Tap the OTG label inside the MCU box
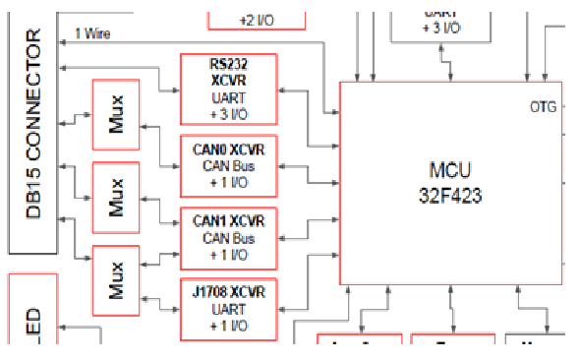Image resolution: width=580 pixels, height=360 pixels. [x=543, y=106]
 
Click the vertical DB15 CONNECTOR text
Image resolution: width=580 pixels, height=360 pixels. [x=33, y=124]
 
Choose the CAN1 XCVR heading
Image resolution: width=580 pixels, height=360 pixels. [x=229, y=221]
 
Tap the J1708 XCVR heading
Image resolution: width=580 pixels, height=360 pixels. [x=229, y=291]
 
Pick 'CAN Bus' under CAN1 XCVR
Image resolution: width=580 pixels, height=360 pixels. [x=229, y=238]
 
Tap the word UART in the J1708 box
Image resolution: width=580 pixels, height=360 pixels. [x=229, y=308]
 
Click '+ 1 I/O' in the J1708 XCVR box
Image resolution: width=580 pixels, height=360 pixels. [x=229, y=326]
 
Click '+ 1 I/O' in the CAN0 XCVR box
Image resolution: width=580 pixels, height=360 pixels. [x=229, y=182]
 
